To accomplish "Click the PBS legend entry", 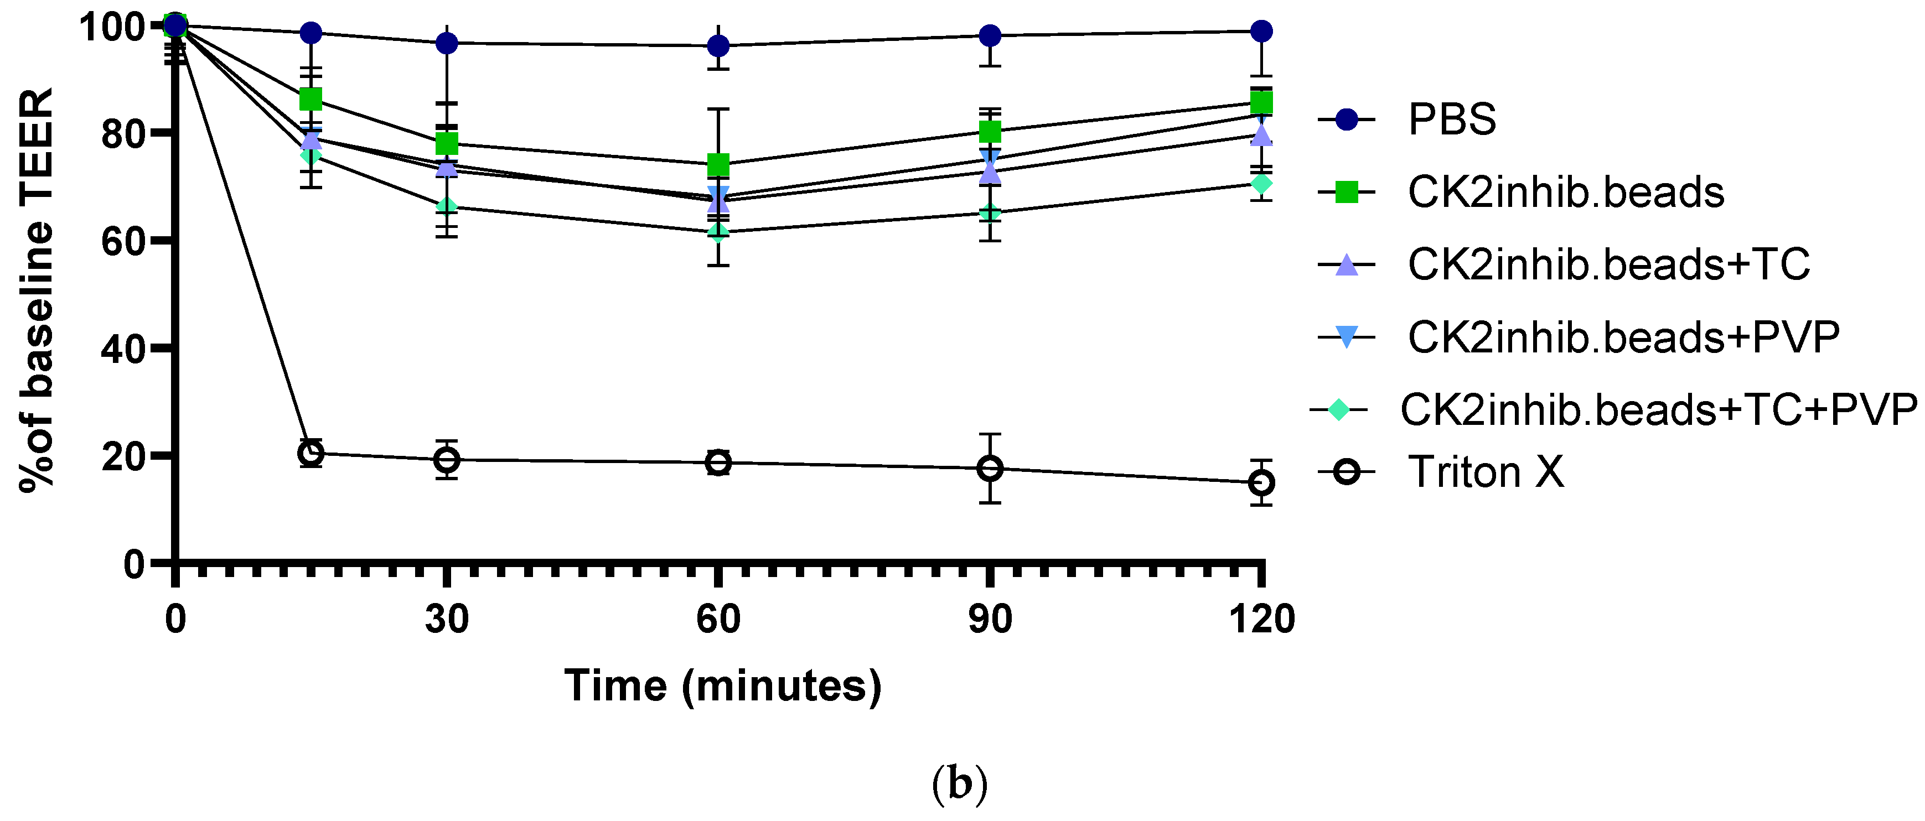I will (1451, 119).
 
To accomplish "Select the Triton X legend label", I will (1485, 473).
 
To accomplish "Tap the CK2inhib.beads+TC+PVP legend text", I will (1658, 410).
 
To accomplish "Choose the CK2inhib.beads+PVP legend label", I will (1623, 337).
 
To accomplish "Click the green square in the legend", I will (1346, 192).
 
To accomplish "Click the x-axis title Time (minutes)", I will (723, 686).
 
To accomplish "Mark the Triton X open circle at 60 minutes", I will (718, 463).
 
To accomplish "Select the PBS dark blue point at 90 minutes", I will (990, 35).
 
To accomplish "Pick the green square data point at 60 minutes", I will (718, 164).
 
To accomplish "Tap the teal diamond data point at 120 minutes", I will (1261, 183).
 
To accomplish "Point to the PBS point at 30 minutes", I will (446, 43).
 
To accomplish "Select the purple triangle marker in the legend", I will (1346, 264).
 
